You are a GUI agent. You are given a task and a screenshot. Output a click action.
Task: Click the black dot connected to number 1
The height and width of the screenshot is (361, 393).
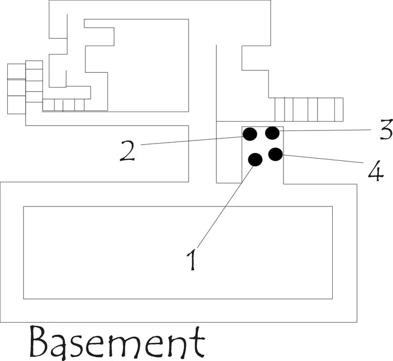point(255,159)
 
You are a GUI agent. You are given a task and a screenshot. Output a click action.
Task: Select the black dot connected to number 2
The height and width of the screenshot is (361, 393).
point(249,134)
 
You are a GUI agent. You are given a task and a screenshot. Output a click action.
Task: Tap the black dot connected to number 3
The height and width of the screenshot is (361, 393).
point(272,133)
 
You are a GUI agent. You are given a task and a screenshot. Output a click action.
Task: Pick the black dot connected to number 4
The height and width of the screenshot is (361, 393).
point(276,154)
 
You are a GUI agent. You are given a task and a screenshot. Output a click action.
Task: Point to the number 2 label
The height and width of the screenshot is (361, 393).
point(128,150)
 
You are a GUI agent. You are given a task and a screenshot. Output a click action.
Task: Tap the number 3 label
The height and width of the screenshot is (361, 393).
point(386,129)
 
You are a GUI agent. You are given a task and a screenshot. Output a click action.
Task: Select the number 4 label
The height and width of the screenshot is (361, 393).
point(376,170)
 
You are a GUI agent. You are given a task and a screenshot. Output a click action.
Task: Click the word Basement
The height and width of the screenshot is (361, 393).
point(117,343)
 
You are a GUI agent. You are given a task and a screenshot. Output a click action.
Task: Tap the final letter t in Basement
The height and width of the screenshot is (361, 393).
point(198,342)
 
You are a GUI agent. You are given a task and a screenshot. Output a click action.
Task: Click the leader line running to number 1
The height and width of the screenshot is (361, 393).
point(225,207)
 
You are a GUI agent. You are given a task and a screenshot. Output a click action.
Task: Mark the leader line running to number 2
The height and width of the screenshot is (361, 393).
point(192,140)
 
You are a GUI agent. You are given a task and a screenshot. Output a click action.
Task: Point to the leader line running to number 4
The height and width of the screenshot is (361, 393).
point(323,159)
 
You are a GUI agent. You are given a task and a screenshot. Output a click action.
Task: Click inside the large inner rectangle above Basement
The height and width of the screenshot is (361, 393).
point(178,253)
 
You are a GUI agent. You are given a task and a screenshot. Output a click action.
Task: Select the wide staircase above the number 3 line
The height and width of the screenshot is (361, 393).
point(309,110)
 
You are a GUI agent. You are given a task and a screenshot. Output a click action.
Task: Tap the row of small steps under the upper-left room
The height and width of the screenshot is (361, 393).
point(63,105)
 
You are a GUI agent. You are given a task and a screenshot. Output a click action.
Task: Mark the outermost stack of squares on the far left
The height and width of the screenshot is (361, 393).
point(16,89)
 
